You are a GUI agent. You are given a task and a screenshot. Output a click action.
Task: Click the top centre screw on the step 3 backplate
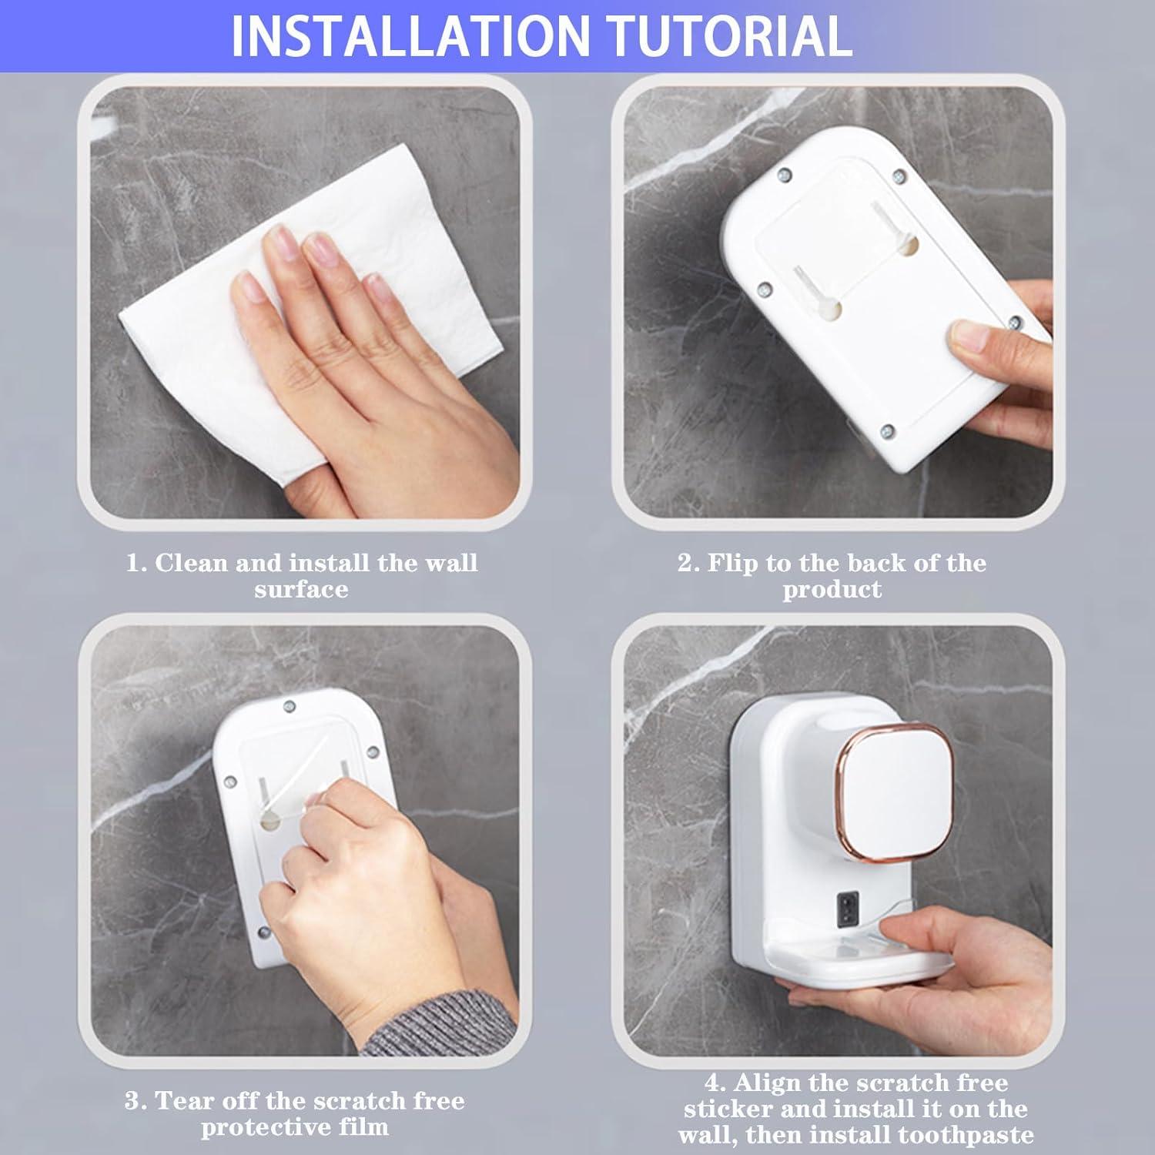pyautogui.click(x=290, y=705)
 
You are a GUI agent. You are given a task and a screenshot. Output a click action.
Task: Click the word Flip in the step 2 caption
pyautogui.click(x=731, y=563)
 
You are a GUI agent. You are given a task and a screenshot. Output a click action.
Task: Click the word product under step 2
pyautogui.click(x=832, y=591)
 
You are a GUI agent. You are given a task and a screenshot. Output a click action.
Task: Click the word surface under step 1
pyautogui.click(x=301, y=591)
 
